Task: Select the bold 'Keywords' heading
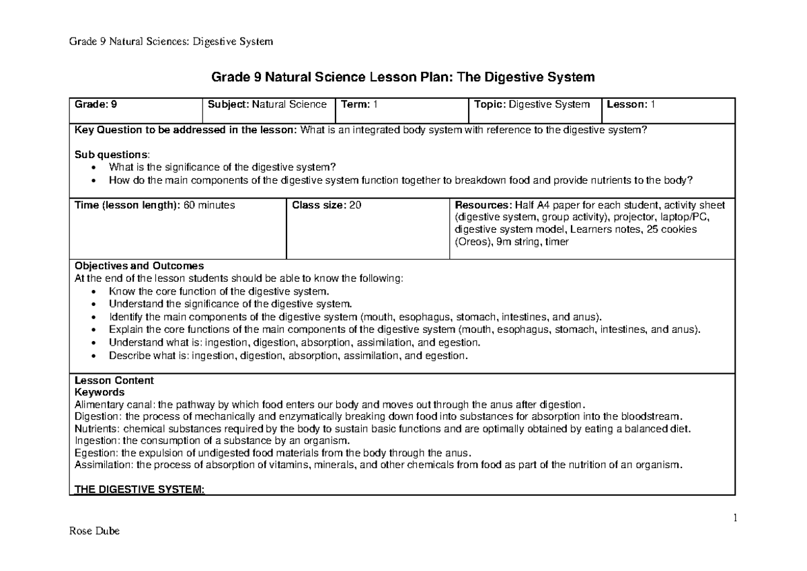[x=99, y=391]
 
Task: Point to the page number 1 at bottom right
[x=735, y=518]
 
